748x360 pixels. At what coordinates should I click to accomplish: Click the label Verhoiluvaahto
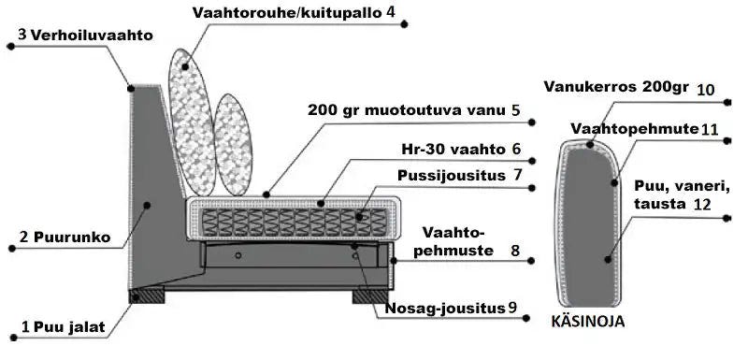coord(91,35)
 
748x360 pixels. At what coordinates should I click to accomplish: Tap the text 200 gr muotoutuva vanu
coord(407,109)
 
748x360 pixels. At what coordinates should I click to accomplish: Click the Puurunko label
coord(79,238)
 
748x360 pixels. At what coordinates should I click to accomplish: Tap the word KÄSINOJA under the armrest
coord(588,322)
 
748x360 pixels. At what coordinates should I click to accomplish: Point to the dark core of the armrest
coord(589,224)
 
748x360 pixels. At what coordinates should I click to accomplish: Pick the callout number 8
coord(515,251)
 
